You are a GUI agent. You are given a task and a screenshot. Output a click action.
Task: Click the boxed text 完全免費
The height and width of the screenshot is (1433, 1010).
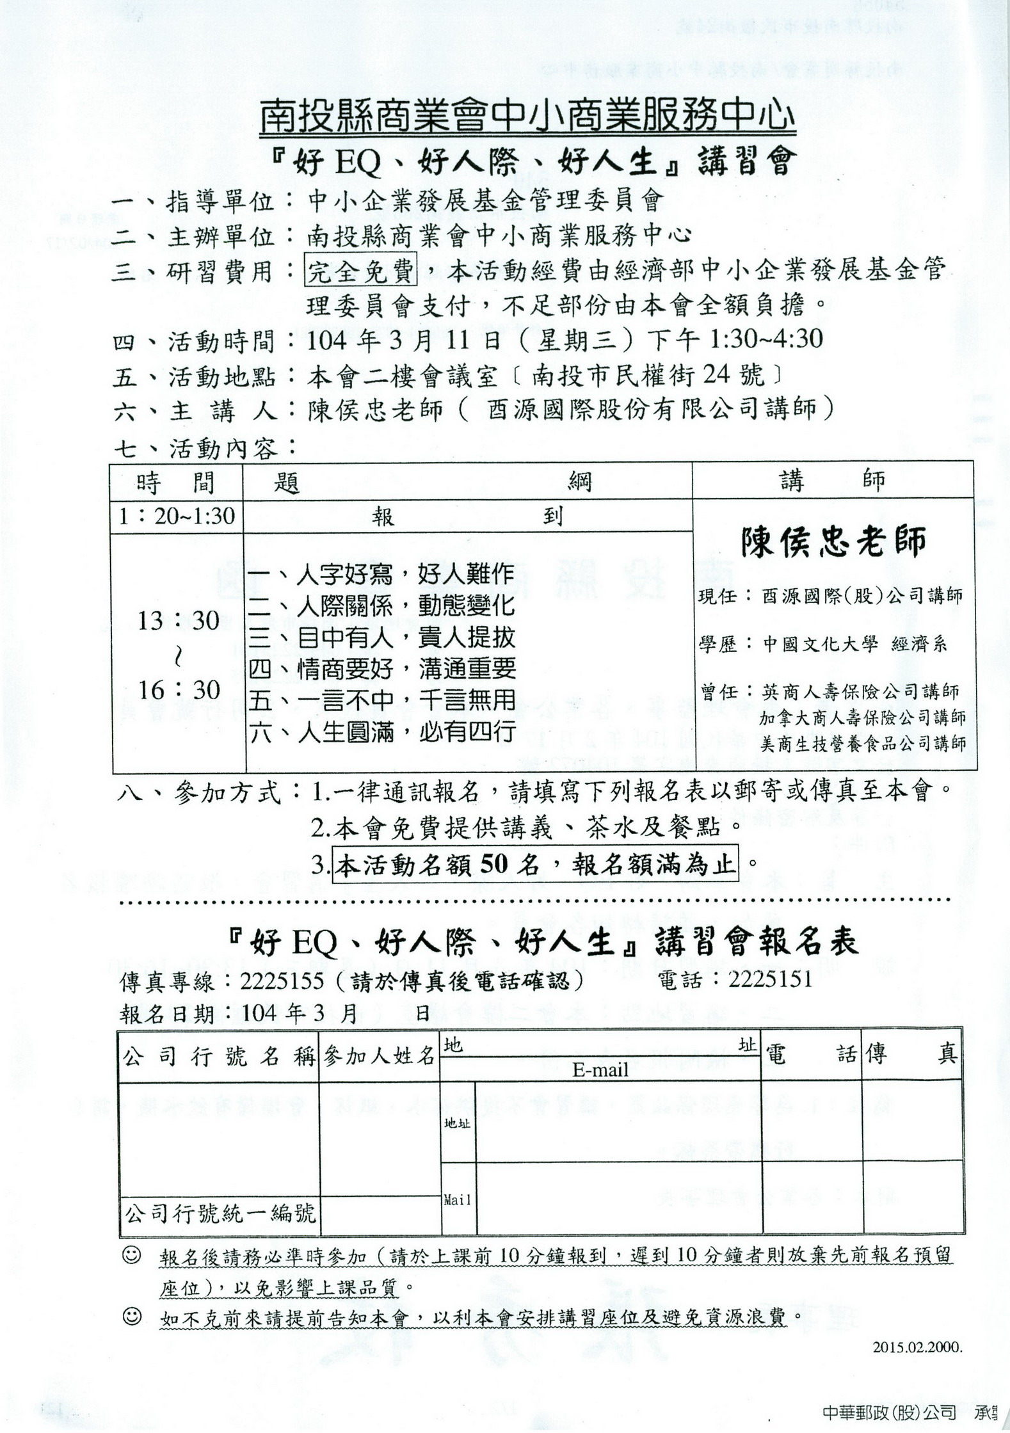(361, 272)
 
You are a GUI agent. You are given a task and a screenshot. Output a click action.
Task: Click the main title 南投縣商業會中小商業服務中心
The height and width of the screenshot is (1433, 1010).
(528, 118)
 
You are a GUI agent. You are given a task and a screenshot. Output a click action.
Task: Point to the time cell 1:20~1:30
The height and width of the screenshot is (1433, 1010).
(177, 516)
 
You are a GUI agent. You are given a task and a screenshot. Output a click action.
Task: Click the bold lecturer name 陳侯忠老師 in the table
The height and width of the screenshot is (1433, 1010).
(833, 542)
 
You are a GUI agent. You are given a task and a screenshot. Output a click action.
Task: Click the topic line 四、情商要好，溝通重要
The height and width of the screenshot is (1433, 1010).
(382, 669)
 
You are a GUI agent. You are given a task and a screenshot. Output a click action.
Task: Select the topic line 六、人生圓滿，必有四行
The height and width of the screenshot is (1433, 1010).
(382, 732)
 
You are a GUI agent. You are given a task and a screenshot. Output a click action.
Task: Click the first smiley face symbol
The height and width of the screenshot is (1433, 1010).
(131, 1256)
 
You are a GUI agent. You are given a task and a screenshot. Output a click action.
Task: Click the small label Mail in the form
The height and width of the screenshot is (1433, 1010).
(458, 1200)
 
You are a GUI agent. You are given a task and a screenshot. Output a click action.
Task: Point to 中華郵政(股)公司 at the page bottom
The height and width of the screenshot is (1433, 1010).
(890, 1413)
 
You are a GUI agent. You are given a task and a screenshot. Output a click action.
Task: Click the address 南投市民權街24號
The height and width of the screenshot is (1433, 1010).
(648, 376)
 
